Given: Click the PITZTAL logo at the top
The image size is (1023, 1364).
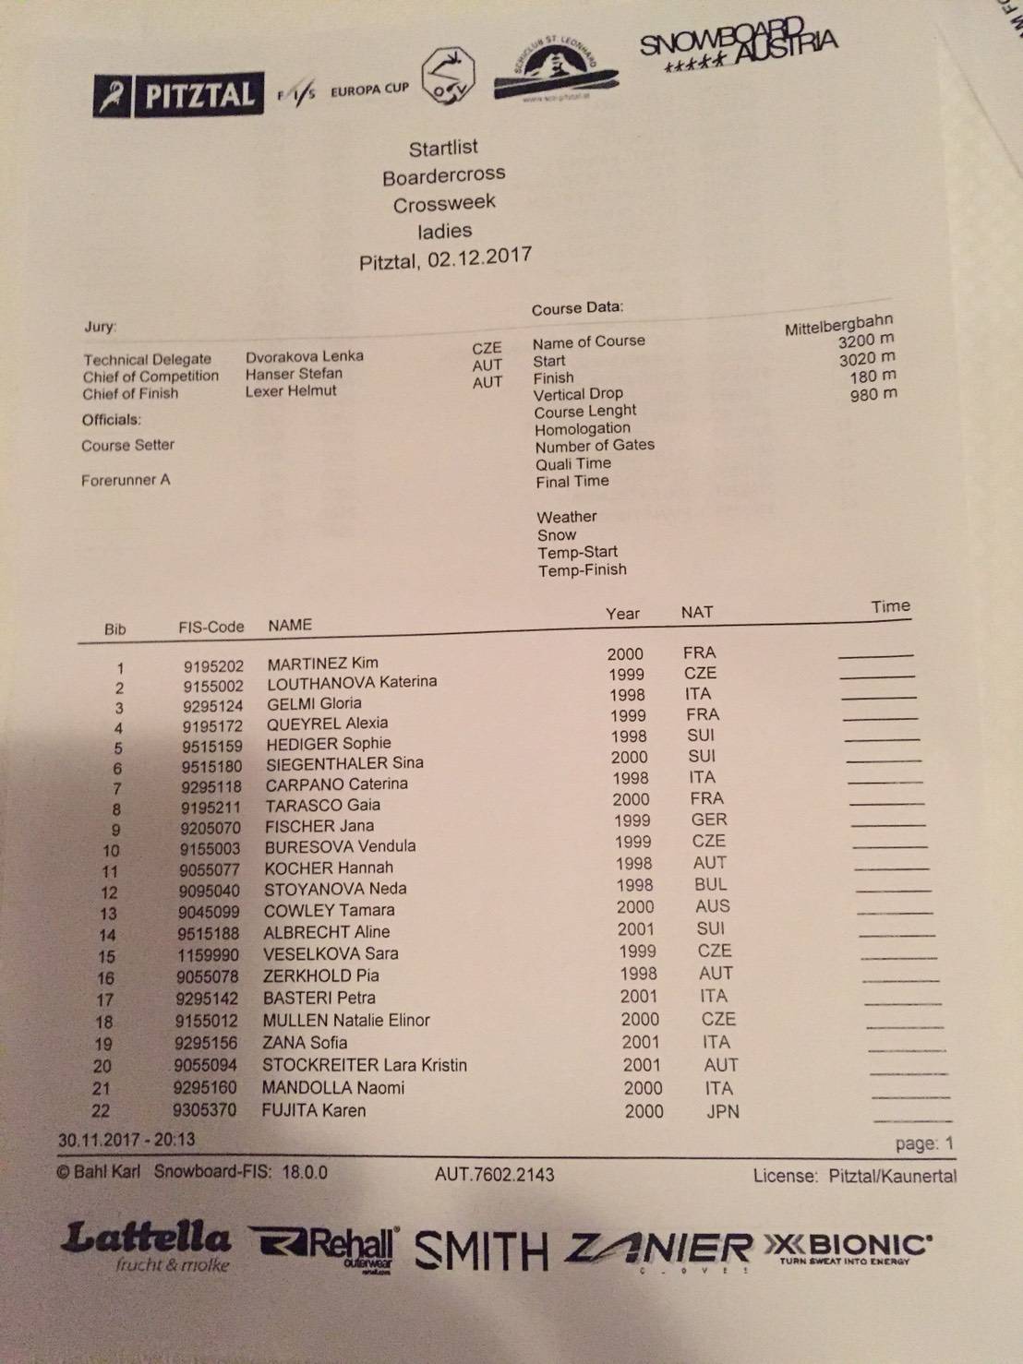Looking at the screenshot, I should (x=178, y=95).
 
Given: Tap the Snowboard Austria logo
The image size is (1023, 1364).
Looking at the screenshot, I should (x=738, y=46).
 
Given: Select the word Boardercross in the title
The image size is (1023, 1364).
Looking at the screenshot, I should (x=444, y=174).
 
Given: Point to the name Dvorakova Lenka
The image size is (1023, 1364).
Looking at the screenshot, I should (x=304, y=356).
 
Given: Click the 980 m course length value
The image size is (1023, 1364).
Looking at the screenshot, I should (x=873, y=394).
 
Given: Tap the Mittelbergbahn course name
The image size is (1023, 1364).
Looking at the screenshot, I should (x=838, y=325).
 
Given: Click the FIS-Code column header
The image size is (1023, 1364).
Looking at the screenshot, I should (x=211, y=627).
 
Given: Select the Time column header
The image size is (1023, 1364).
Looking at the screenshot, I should (x=890, y=606).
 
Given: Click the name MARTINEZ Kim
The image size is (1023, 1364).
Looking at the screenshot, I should (x=322, y=664).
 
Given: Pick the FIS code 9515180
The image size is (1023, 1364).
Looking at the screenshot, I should (x=211, y=767).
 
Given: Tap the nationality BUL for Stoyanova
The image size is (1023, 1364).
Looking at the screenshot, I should (x=711, y=884).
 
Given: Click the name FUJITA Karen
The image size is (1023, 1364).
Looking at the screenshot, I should (x=314, y=1110).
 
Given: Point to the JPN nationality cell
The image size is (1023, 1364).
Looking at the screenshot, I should (x=722, y=1111).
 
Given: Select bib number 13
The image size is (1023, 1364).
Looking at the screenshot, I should (x=108, y=914).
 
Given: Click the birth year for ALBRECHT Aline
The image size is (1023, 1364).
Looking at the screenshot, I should (x=636, y=929).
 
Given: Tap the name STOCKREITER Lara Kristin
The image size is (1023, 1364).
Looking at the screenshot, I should (x=365, y=1065).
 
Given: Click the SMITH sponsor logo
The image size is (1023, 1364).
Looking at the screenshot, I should (x=481, y=1250).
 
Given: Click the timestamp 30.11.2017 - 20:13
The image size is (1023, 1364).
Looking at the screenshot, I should (x=126, y=1140).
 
